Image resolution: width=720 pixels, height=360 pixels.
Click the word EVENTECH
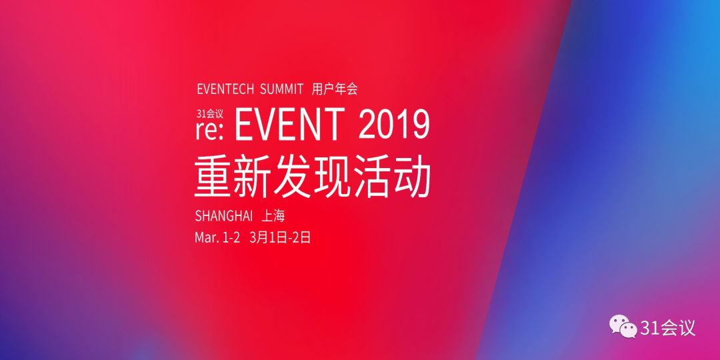225,89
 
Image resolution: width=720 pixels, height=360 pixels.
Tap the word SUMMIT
281,89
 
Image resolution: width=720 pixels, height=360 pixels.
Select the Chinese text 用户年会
335,89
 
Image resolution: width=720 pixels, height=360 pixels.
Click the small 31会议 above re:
210,114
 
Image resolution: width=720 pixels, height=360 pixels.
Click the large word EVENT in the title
290,124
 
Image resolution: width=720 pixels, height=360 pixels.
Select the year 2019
394,124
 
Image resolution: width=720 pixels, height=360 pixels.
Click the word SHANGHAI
224,215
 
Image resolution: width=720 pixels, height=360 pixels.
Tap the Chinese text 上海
273,215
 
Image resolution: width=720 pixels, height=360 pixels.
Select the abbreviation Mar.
207,238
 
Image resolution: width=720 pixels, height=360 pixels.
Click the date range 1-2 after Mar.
231,238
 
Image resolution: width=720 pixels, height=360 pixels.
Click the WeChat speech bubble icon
623,327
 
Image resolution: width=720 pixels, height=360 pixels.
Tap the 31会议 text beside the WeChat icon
668,327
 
